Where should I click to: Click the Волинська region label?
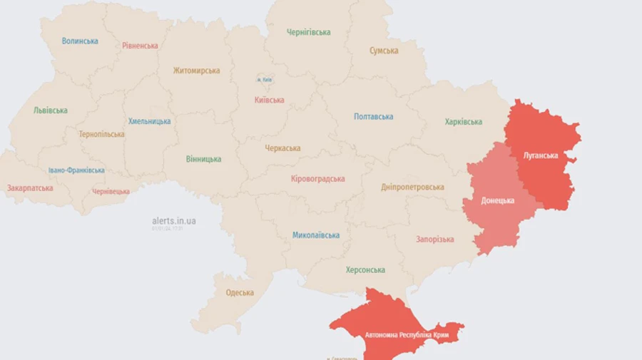coord(80,41)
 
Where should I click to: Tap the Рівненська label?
coord(140,46)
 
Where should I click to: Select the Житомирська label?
coord(196,71)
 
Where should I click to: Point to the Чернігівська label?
coord(308,32)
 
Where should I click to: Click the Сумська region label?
coord(384,51)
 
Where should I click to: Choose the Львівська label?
coord(51,110)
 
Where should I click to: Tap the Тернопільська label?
coord(102,134)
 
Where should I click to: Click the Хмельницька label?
coord(150,121)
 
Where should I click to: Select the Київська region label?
coord(269,100)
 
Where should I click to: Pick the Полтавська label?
coord(373,116)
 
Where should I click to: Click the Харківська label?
coord(463,122)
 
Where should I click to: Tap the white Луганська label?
coord(540,155)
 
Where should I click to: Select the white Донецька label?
coord(497,200)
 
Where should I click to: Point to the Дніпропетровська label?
coord(412,187)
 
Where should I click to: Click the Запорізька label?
coord(434,239)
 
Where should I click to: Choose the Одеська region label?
coord(240,293)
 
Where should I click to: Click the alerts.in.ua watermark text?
coord(174,221)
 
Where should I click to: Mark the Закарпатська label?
coord(30,188)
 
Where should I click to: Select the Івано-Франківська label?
coord(76,170)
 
